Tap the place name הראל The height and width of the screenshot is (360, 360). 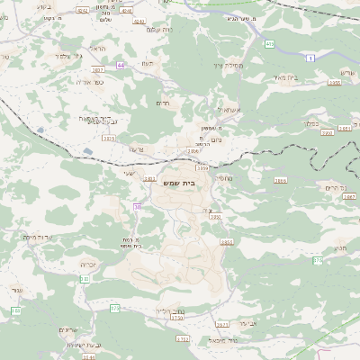99,49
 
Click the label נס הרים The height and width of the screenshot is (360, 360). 335,187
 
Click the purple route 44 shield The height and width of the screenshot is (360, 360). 121,66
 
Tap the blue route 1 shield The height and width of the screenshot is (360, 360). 311,58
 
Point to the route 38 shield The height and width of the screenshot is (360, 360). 138,208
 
